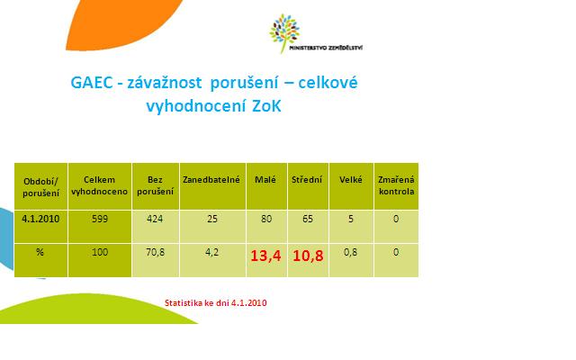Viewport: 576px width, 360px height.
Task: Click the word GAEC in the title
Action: tap(92, 82)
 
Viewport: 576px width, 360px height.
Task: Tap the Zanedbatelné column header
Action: tap(211, 180)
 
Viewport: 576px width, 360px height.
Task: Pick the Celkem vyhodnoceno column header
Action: tap(99, 185)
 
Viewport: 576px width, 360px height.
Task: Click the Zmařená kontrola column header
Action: tap(396, 185)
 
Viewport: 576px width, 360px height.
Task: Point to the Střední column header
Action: tap(307, 180)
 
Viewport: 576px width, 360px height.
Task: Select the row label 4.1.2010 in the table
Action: tap(40, 219)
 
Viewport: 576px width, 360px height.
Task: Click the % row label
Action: tap(40, 252)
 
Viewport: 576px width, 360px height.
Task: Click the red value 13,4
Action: tap(265, 256)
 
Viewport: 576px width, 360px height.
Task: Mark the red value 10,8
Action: tap(308, 256)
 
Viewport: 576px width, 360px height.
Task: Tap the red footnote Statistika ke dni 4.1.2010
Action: tap(216, 303)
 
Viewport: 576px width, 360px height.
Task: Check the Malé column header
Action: tap(265, 180)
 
